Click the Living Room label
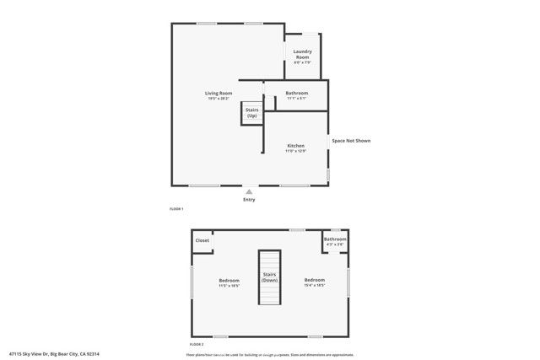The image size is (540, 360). [x=218, y=93]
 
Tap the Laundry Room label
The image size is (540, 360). [x=303, y=54]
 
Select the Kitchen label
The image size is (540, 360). [x=295, y=146]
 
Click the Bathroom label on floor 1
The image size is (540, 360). [x=296, y=93]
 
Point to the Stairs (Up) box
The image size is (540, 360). [x=252, y=112]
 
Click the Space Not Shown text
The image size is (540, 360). [x=350, y=141]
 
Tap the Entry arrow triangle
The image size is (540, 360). [x=249, y=191]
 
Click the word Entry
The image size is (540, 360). [x=249, y=200]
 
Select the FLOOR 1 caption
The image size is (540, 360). [x=176, y=208]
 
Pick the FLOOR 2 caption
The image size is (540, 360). [x=197, y=345]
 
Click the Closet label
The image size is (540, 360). [x=202, y=240]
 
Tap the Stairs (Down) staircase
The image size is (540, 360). [x=269, y=278]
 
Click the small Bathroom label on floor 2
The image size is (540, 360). [x=335, y=239]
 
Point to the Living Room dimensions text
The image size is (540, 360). [x=218, y=99]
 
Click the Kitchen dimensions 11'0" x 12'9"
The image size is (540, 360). [x=295, y=151]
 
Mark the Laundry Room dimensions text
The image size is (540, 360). [x=303, y=62]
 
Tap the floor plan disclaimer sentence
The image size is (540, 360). [x=270, y=354]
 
